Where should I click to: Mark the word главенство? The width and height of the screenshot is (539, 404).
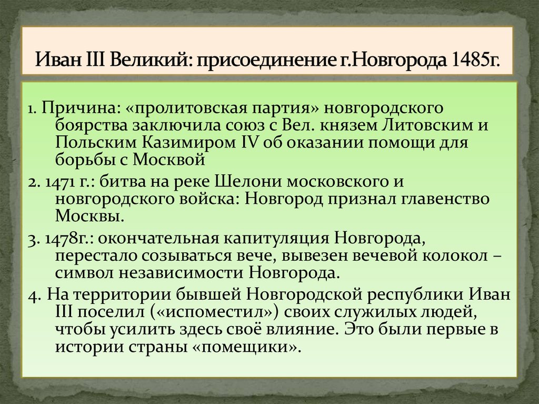[447, 199]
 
